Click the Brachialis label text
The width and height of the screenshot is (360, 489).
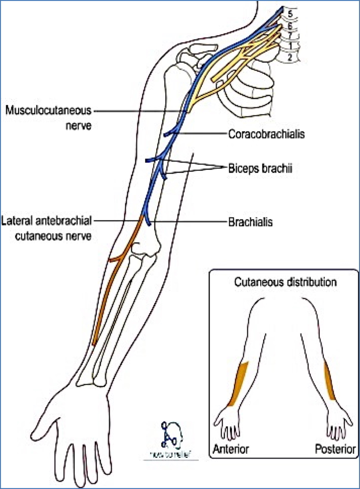point(250,222)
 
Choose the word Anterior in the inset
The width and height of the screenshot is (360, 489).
point(231,448)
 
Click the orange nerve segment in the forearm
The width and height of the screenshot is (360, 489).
point(110,293)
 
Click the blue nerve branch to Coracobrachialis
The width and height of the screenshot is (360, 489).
point(170,133)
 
